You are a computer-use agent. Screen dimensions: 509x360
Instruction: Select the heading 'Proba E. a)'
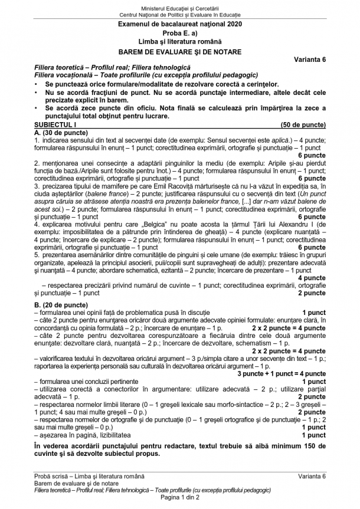tap(179, 32)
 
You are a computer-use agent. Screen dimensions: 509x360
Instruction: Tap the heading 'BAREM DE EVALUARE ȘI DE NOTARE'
tap(179, 51)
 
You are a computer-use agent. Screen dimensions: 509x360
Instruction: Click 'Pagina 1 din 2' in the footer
tap(179, 497)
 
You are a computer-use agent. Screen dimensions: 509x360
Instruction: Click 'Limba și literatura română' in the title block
tap(179, 42)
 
